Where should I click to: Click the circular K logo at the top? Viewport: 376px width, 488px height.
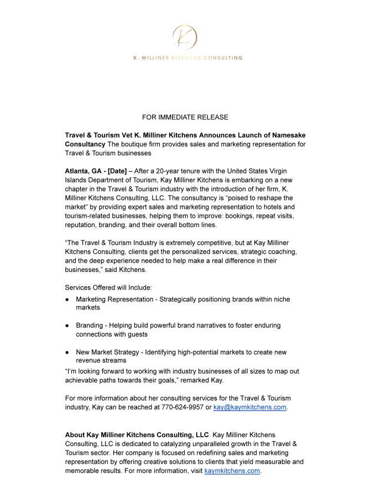pyautogui.click(x=185, y=38)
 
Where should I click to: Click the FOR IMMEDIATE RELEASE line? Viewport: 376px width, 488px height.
pyautogui.click(x=185, y=117)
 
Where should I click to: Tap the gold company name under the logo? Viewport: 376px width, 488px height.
pyautogui.click(x=187, y=57)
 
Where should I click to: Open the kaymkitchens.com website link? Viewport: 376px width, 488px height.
pyautogui.click(x=232, y=471)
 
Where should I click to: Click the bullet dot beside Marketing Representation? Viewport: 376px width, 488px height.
pyautogui.click(x=67, y=299)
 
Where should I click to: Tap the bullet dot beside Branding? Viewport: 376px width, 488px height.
pyautogui.click(x=67, y=326)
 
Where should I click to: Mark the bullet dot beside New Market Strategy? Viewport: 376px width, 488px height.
pyautogui.click(x=67, y=352)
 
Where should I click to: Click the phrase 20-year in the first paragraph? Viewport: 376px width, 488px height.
pyautogui.click(x=169, y=170)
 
